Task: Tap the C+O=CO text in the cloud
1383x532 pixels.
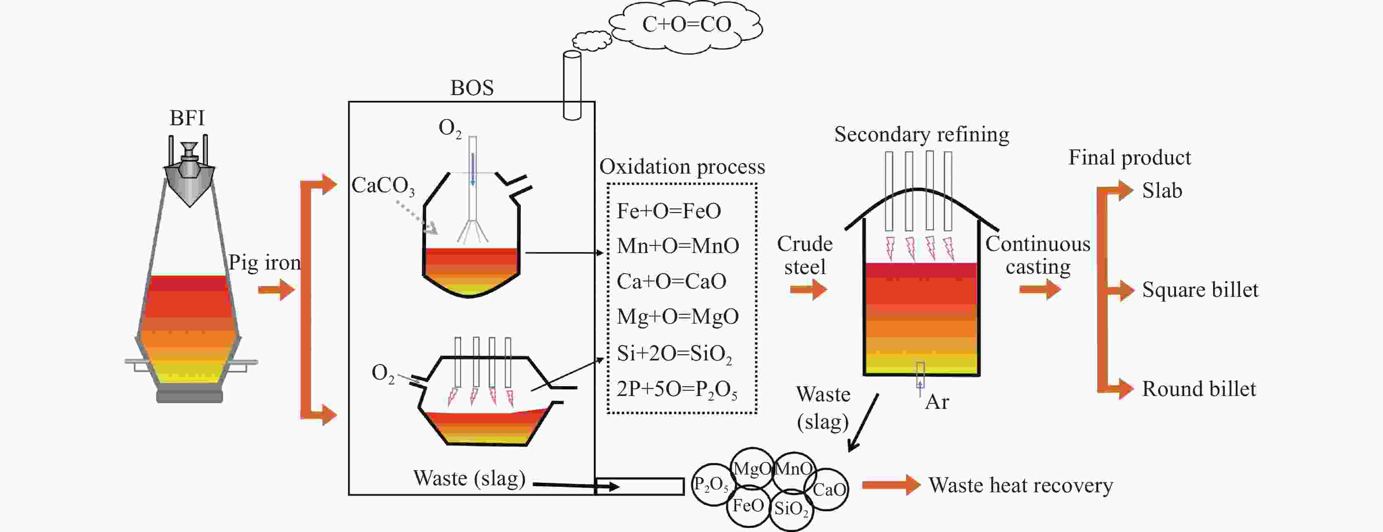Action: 687,24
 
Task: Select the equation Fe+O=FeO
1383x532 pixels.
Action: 668,211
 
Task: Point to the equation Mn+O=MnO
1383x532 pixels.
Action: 677,246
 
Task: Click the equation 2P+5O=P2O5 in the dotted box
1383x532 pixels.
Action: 677,389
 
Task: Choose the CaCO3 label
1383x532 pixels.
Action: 383,186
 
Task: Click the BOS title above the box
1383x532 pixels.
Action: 471,88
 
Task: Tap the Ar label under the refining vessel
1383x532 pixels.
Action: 937,402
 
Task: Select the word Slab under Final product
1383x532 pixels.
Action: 1162,191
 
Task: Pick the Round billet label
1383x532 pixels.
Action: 1198,389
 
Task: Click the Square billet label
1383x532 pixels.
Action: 1199,290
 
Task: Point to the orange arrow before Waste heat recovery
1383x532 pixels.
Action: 890,485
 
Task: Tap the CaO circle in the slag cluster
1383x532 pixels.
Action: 828,489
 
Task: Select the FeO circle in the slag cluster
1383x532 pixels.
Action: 748,505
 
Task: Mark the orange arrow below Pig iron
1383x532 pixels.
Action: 276,291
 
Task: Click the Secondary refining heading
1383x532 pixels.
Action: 921,134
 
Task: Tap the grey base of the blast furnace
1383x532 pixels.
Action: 189,396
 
